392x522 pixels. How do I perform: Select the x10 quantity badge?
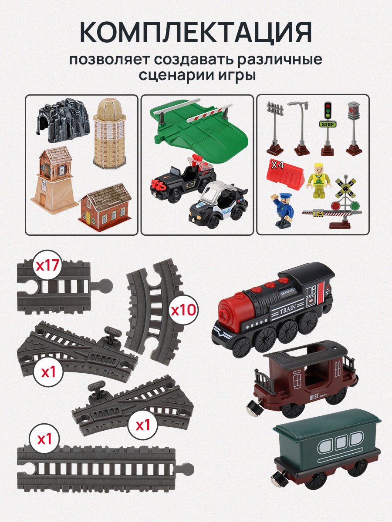183,311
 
